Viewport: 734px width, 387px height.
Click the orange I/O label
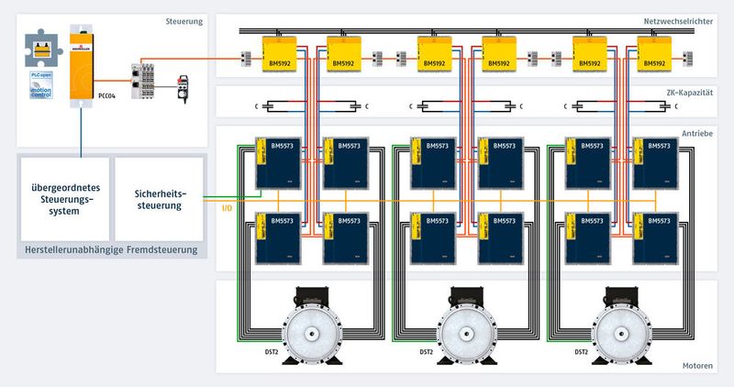(x=227, y=208)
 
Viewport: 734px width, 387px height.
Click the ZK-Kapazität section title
(x=690, y=93)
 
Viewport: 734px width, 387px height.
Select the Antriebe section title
(x=695, y=134)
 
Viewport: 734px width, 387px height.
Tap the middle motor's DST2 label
(x=426, y=352)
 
